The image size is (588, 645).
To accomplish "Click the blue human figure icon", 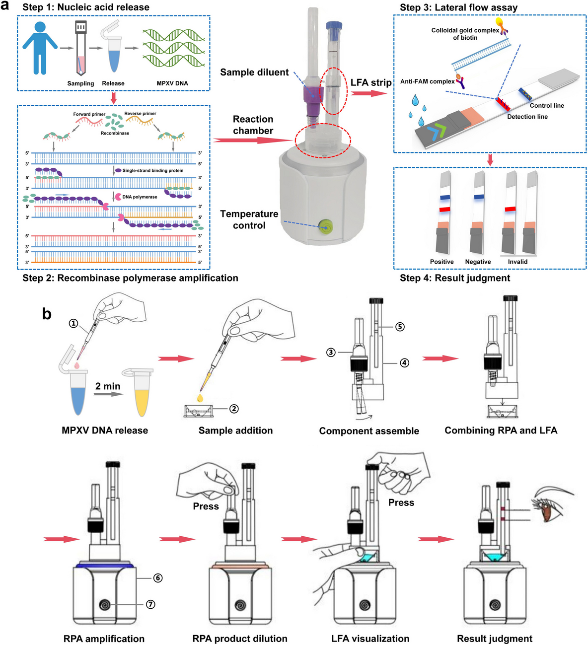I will [40, 48].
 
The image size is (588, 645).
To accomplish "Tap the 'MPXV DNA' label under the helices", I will [172, 83].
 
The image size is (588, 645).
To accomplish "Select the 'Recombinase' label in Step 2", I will [115, 133].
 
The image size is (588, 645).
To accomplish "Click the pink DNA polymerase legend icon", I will [118, 197].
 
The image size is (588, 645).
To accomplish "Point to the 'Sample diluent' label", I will [254, 72].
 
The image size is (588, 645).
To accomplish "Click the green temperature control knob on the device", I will [326, 227].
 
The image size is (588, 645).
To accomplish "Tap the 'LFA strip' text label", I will [371, 82].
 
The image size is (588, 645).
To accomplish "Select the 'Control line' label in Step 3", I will [547, 106].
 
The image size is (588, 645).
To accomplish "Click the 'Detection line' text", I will [527, 117].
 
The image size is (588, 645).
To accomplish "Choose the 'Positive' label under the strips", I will [442, 262].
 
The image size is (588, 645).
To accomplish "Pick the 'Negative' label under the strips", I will [478, 262].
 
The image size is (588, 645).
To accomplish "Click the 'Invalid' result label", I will [517, 262].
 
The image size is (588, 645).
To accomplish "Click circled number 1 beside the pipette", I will [73, 323].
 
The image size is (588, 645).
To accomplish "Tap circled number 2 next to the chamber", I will [234, 409].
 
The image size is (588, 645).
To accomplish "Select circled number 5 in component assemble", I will [400, 327].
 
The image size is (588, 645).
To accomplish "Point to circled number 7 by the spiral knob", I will [150, 604].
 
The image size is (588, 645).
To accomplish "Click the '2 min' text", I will [108, 386].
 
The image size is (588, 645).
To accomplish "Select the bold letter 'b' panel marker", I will [47, 314].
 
